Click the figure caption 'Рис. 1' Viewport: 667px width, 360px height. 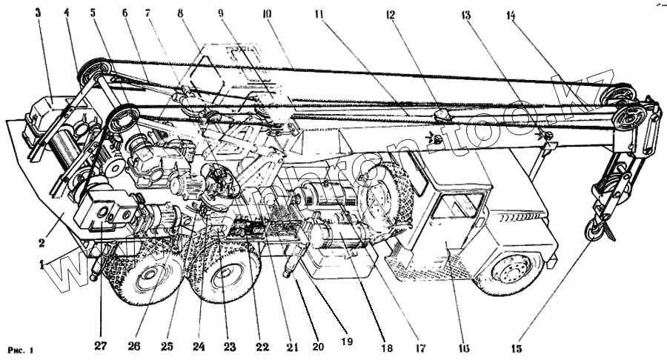click(21, 349)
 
